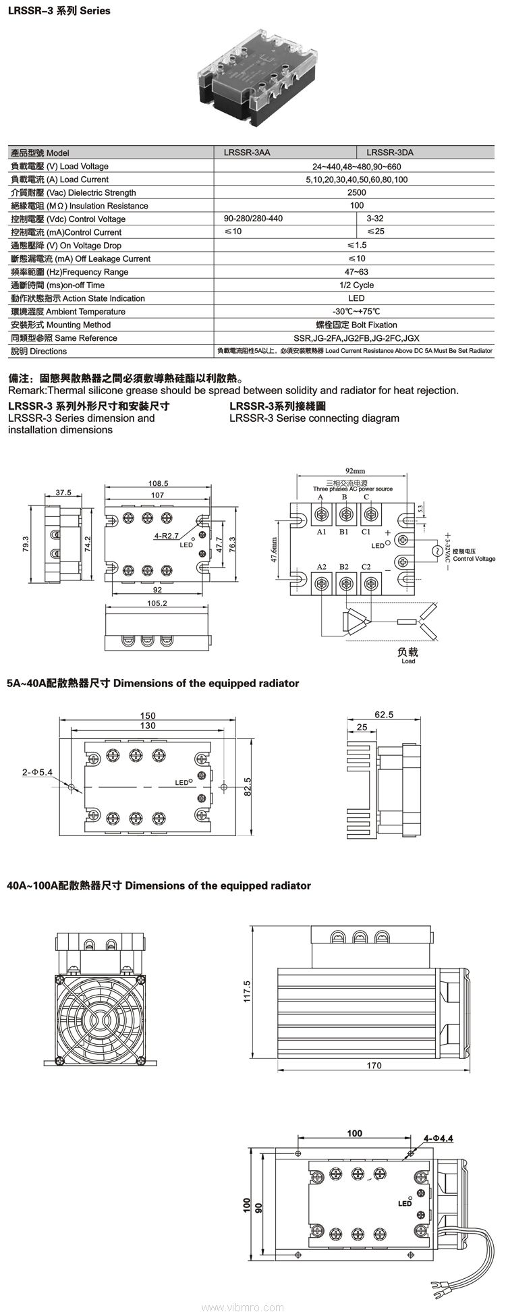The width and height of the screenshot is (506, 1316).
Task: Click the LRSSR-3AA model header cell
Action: [x=247, y=153]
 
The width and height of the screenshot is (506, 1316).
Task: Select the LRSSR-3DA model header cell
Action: [x=390, y=153]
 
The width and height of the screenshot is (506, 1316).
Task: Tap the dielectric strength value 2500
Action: [x=356, y=192]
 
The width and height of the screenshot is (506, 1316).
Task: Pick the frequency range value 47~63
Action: [x=356, y=272]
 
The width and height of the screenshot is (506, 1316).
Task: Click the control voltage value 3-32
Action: [x=375, y=219]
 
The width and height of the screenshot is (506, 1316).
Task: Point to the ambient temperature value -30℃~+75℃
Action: [x=356, y=311]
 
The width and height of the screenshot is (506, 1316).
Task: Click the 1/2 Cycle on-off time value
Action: [x=356, y=285]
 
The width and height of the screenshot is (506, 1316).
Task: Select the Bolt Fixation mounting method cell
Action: [x=356, y=325]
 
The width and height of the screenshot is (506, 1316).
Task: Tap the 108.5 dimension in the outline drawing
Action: [x=157, y=483]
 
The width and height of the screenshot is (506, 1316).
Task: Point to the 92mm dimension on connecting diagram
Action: [x=354, y=470]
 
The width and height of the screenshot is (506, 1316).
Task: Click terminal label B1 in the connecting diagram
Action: [x=343, y=532]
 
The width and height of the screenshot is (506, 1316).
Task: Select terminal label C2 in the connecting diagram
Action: [x=366, y=566]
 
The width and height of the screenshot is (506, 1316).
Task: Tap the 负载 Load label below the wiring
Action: [x=408, y=654]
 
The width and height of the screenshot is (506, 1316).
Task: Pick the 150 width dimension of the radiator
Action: [x=148, y=715]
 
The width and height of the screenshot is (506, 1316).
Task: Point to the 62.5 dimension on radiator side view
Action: [x=383, y=714]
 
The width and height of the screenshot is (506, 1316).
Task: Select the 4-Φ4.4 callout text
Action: [x=439, y=1138]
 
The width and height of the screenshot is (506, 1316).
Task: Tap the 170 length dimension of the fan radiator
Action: [x=374, y=1066]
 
